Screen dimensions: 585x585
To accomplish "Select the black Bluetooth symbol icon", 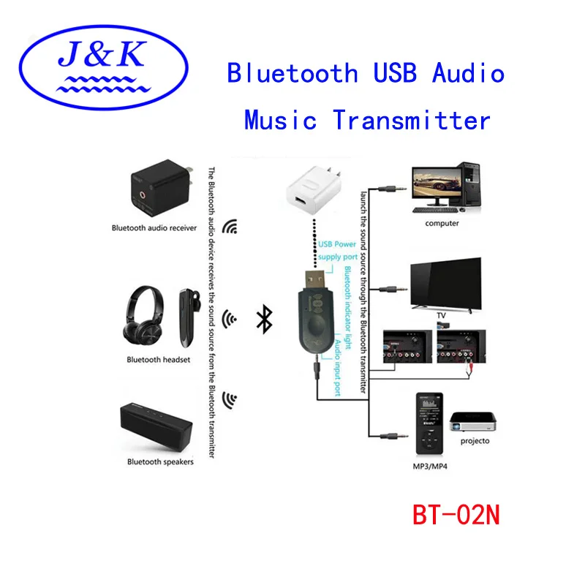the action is (265, 319).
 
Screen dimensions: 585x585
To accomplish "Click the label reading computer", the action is (442, 223).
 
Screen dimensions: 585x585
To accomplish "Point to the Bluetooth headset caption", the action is (158, 360).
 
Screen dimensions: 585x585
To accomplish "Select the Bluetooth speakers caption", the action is (160, 461).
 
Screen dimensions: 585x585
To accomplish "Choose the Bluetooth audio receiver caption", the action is (154, 228).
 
